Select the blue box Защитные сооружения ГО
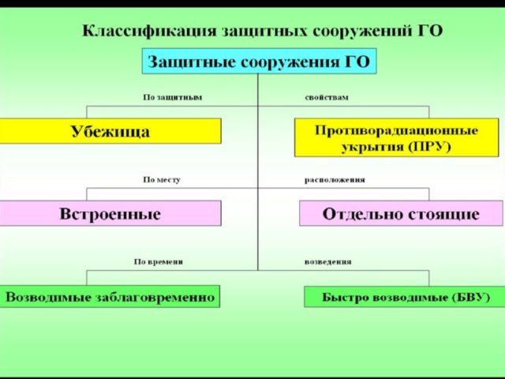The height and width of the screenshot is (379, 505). click(259, 61)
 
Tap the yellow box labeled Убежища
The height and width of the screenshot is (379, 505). click(110, 131)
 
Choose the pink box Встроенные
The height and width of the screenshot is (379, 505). click(110, 213)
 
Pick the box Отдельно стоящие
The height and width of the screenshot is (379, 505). click(400, 213)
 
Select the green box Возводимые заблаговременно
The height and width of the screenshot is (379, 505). click(110, 297)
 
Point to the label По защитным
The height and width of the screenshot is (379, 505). click(172, 97)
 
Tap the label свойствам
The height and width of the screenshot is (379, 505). click(327, 97)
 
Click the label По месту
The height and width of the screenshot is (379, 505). click(162, 180)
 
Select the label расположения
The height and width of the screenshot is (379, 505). click(335, 180)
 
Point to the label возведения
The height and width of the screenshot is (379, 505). click(328, 261)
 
